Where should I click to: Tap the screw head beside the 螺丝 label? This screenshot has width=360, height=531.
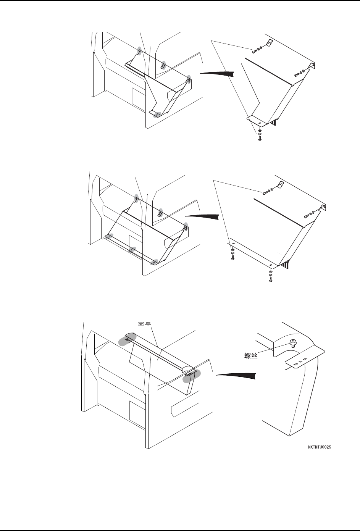[293, 342]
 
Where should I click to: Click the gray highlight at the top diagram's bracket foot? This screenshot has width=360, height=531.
[155, 114]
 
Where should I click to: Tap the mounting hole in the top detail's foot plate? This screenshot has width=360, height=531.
[260, 123]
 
